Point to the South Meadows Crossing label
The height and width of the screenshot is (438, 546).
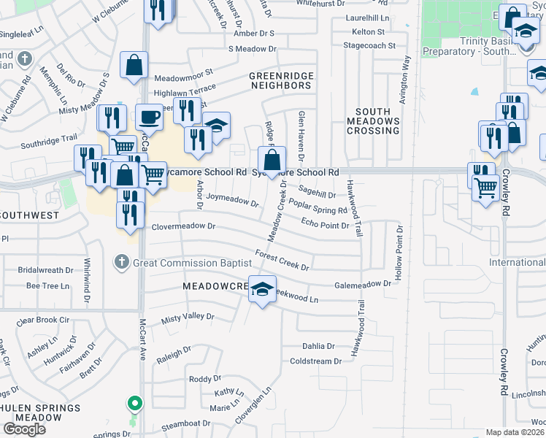click(x=372, y=121)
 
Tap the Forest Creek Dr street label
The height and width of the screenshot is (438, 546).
click(x=282, y=260)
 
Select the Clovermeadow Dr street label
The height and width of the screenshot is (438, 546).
click(x=183, y=226)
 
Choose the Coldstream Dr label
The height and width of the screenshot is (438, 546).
click(x=315, y=361)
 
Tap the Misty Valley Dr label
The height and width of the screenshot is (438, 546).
click(x=188, y=317)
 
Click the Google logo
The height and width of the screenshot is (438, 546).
click(x=24, y=429)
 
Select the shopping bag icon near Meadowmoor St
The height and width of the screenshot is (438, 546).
click(x=135, y=65)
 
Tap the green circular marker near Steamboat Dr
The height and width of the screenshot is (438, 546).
click(x=134, y=402)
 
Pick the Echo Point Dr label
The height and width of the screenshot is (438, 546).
click(x=325, y=225)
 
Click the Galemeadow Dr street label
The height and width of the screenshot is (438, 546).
click(x=363, y=285)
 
